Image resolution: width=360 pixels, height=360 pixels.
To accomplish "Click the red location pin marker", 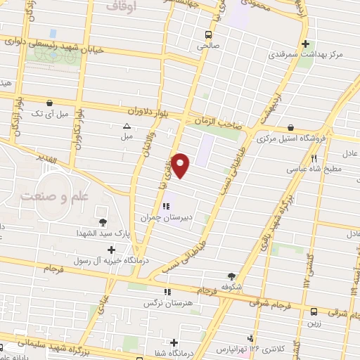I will tap(181, 165).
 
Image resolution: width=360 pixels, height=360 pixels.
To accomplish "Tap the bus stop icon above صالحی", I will tap(208, 34).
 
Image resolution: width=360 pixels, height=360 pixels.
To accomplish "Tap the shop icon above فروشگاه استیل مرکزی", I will tap(291, 127).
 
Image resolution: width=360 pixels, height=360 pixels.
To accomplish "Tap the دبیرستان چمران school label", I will tap(181, 219).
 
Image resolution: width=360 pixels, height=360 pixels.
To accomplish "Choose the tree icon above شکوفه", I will tap(232, 276).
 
